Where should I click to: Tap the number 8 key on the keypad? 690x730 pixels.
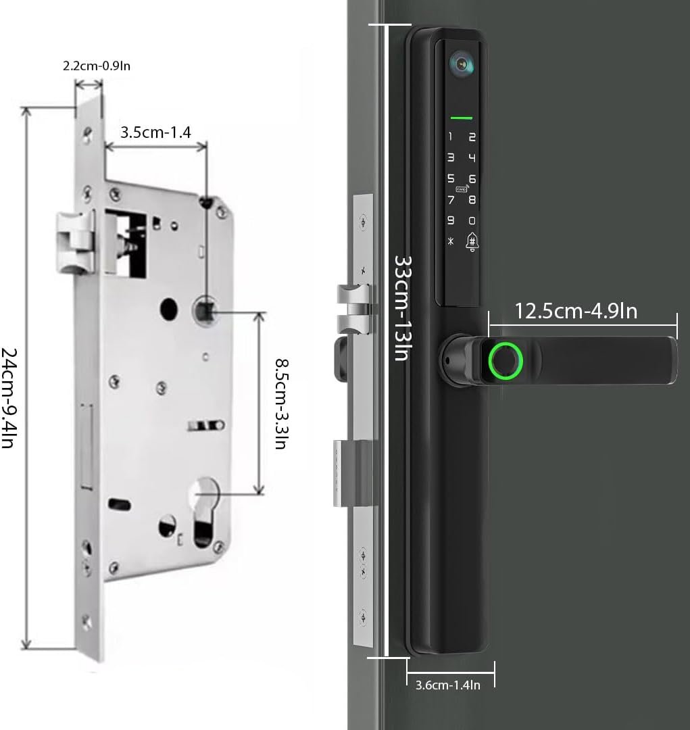pos(472,199)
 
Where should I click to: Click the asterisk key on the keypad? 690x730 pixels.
pos(450,242)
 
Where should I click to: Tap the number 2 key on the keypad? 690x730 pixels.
pos(472,137)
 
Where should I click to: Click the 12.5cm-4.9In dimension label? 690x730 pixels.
pos(576,311)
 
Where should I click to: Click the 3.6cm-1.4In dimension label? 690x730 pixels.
pos(447,685)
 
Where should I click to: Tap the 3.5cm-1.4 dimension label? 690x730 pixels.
pos(155,132)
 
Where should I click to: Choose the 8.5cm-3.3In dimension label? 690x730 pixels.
pos(281,403)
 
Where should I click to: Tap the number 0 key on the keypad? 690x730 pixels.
pos(472,221)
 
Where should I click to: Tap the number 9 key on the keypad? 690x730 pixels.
pos(450,221)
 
